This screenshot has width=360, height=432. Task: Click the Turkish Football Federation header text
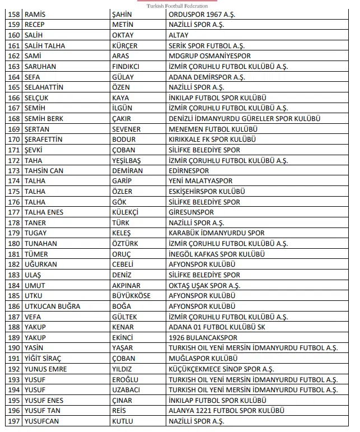coord(176,6)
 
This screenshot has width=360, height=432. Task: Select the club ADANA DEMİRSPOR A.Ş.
coord(207,77)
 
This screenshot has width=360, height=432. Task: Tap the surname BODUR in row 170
coord(124,140)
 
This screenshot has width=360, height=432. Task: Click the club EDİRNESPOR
coord(189,171)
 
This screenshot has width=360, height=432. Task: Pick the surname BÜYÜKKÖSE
coord(132,296)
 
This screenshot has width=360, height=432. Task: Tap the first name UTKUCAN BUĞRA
coord(53,306)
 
